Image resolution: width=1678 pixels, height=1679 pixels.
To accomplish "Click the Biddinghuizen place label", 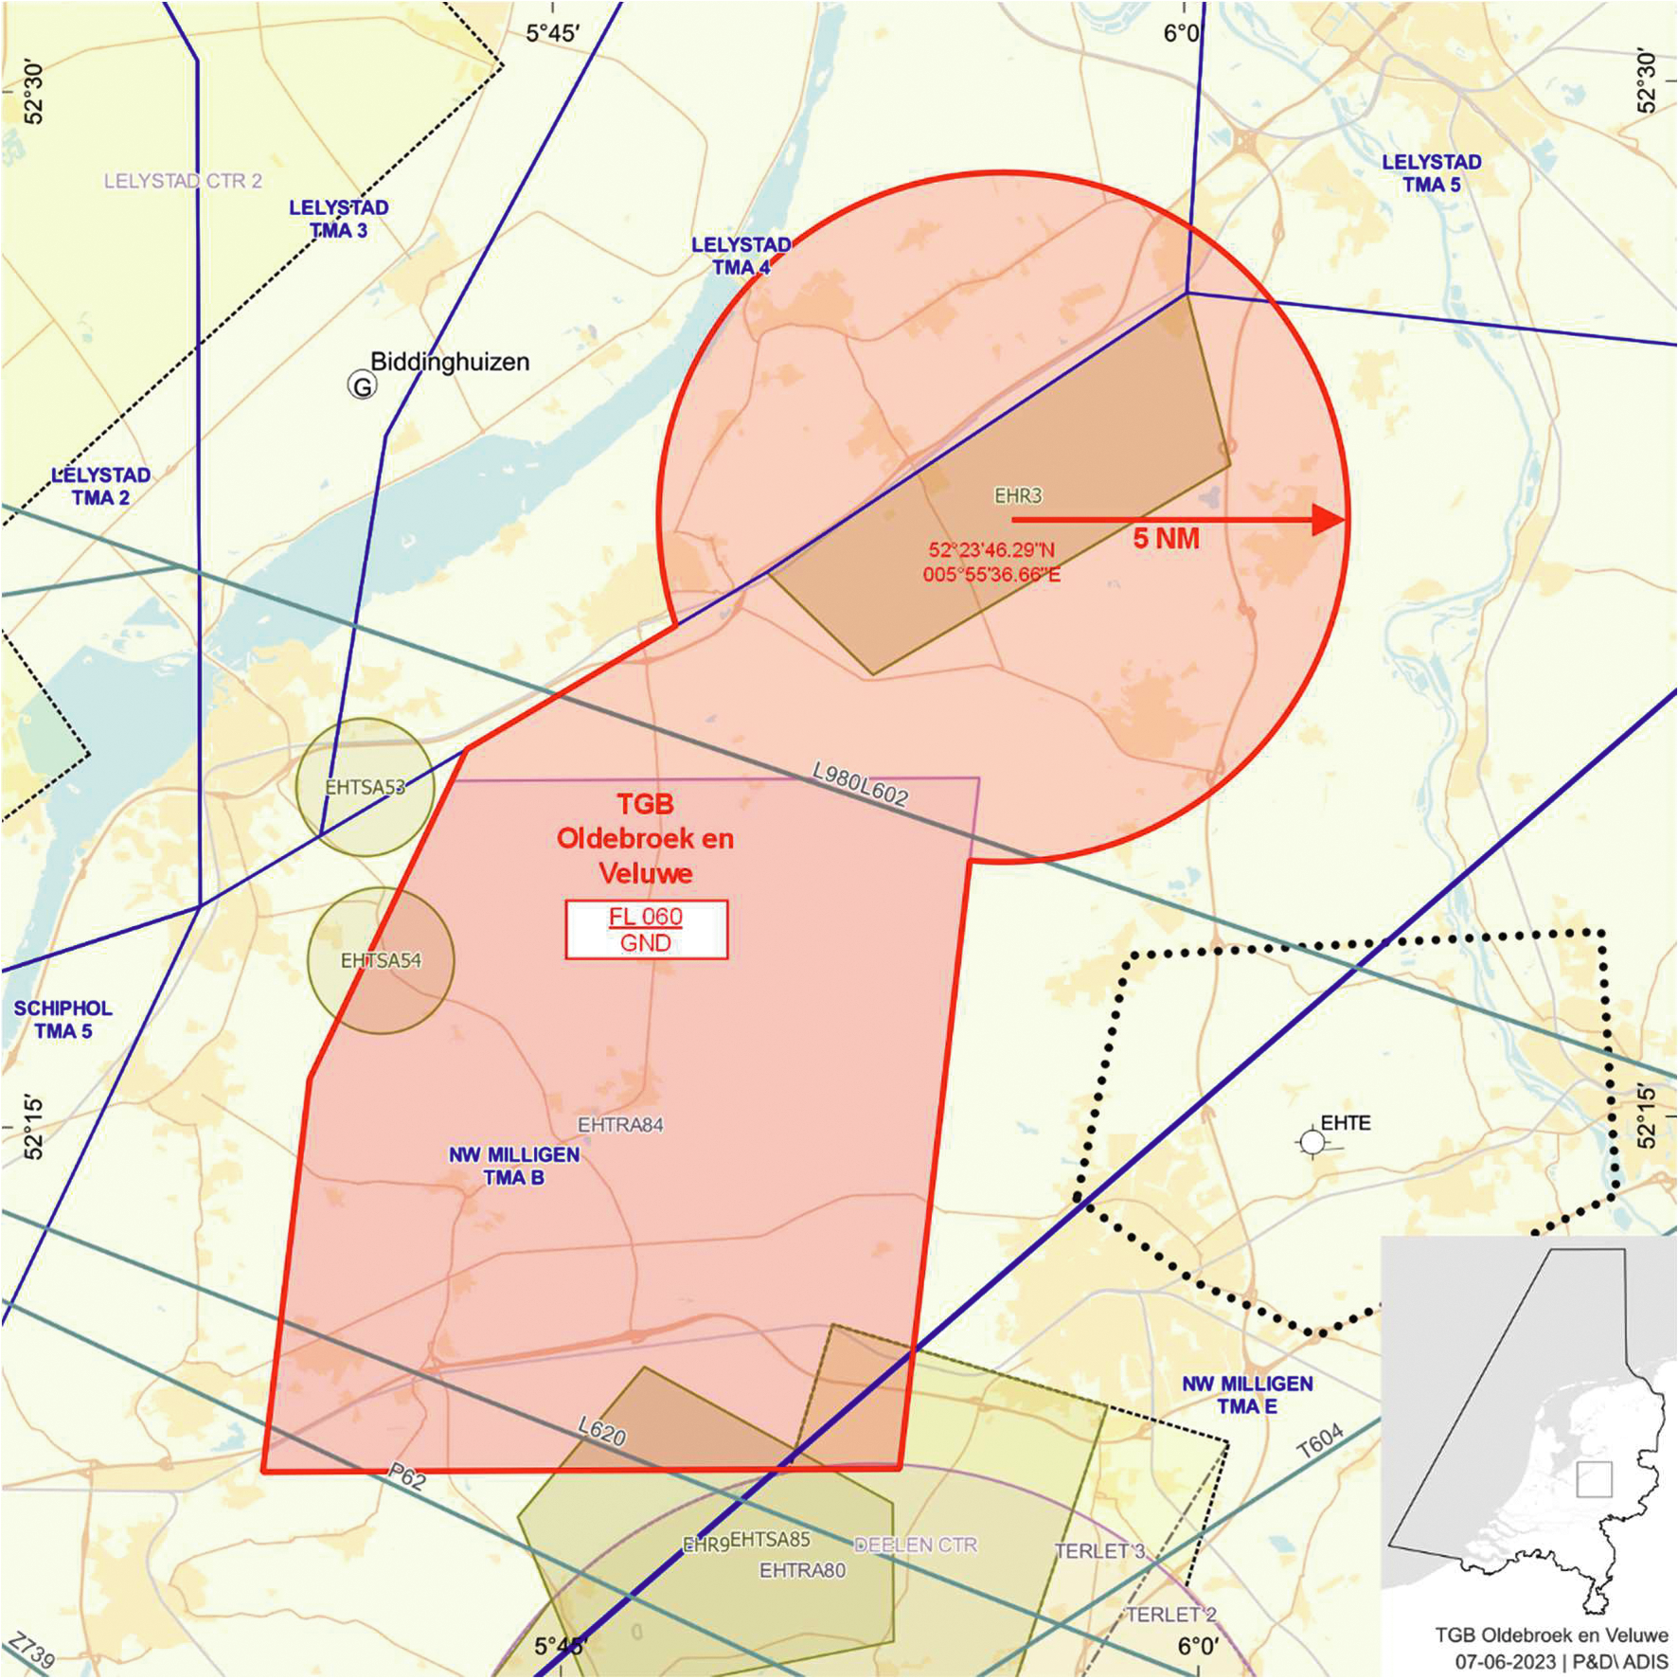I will (x=450, y=362).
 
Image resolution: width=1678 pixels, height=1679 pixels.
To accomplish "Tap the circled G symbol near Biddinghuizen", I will (x=362, y=385).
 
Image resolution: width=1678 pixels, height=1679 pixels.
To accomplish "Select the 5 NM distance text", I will (x=1166, y=540).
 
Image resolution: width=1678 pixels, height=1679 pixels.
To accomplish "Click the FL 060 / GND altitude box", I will (x=646, y=930).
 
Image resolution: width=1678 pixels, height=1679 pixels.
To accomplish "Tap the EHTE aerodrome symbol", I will (x=1312, y=1143).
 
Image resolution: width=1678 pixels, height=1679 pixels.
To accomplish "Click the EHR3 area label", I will (x=1018, y=495).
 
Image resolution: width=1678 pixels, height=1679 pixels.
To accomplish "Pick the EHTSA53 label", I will (x=365, y=787).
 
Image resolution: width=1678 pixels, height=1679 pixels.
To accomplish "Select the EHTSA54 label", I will (x=381, y=960).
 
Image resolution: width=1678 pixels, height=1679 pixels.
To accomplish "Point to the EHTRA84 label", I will (x=620, y=1125).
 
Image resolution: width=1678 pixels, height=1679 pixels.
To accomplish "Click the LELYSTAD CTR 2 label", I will (x=183, y=181).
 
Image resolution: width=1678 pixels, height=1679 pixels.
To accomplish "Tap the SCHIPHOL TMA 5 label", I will (x=62, y=1020).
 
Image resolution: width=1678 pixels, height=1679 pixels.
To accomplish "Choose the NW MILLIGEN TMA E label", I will (x=1247, y=1396).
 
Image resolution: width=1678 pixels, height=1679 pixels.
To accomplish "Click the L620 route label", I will (x=602, y=1431).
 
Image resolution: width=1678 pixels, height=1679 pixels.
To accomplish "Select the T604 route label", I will (x=1320, y=1440).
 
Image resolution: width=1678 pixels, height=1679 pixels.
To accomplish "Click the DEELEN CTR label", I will (x=916, y=1545).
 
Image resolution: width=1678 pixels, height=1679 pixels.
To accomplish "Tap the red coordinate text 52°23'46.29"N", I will (x=991, y=550).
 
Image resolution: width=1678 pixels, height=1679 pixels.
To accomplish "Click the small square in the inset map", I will (x=1594, y=1479).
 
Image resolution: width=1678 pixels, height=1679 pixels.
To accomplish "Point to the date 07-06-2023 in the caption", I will (x=1505, y=1662).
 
